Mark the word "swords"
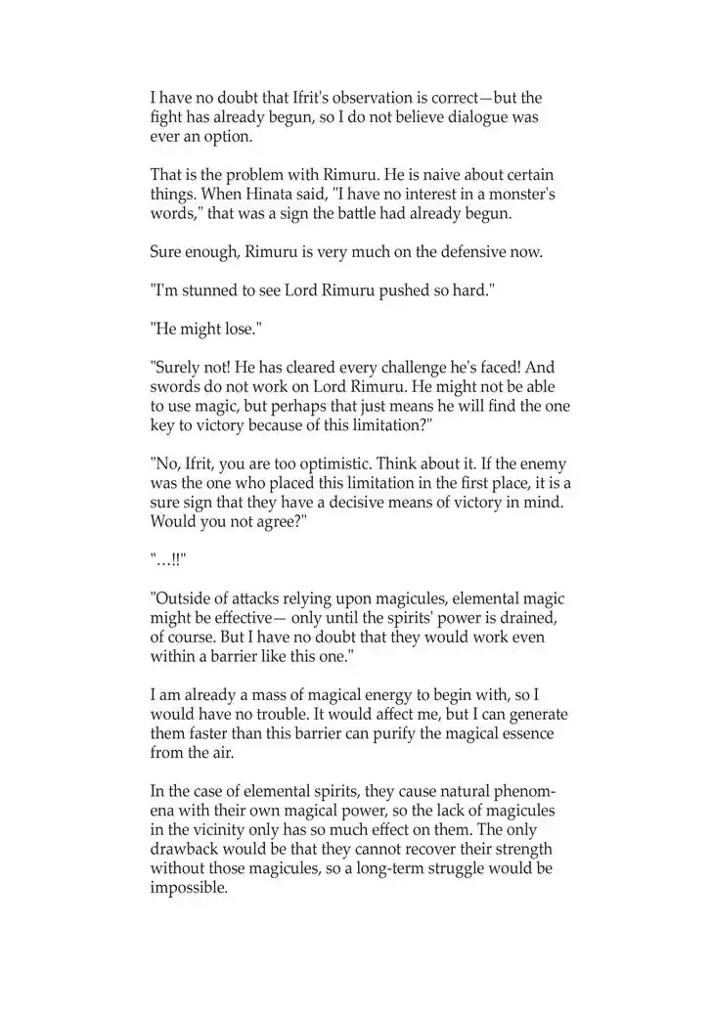(x=172, y=386)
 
